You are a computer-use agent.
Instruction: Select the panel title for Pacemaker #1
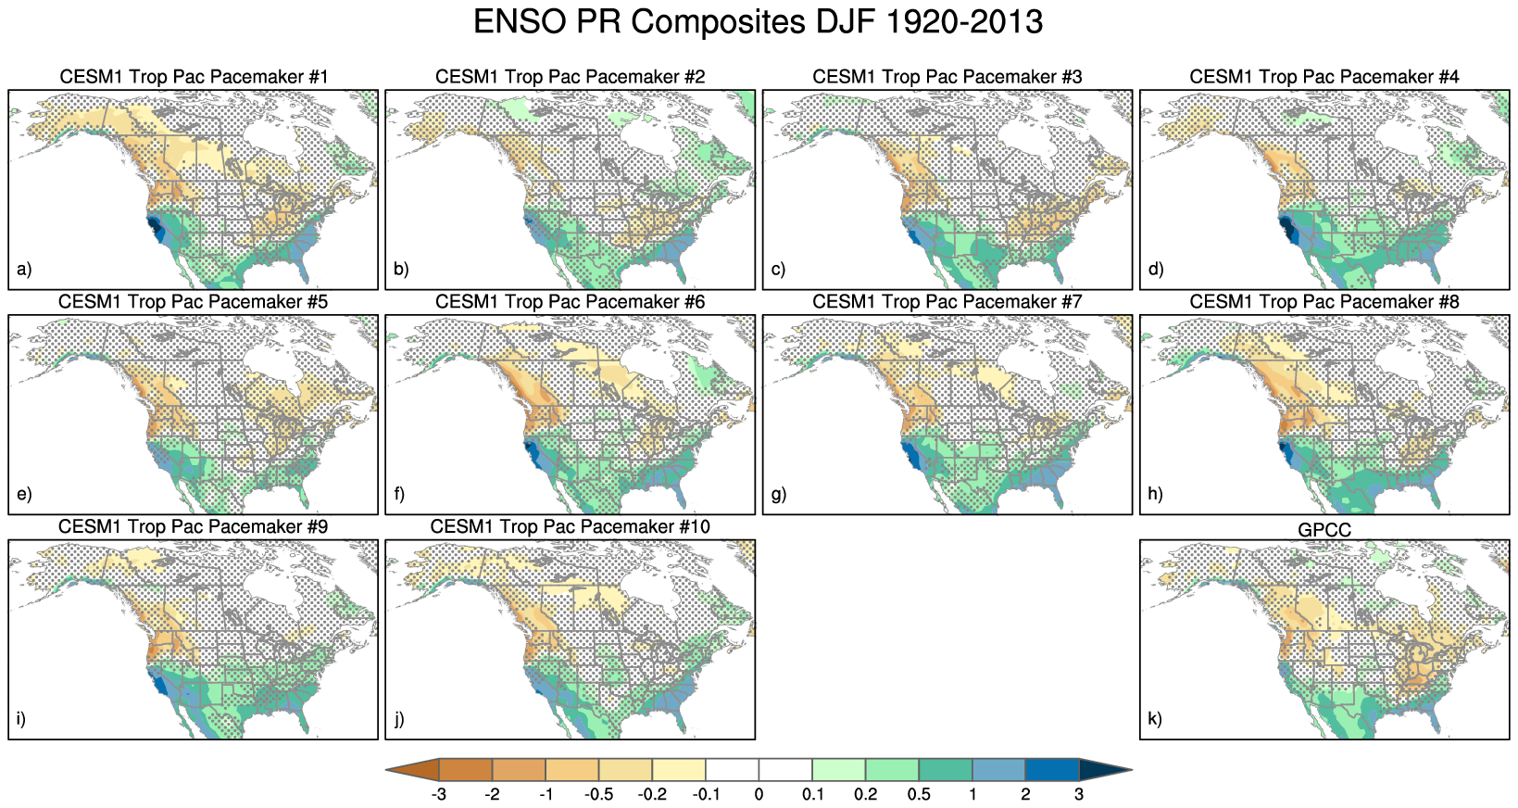[x=194, y=77]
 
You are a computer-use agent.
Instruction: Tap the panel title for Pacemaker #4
[x=1324, y=77]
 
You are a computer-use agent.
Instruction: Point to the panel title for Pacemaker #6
[x=570, y=302]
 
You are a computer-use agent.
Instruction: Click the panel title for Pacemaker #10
[x=570, y=527]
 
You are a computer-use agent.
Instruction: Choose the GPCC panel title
[x=1324, y=530]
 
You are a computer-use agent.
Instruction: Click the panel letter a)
[x=24, y=270]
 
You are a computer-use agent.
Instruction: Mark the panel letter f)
[x=399, y=494]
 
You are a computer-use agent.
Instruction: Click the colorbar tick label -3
[x=439, y=795]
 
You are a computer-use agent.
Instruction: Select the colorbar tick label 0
[x=759, y=795]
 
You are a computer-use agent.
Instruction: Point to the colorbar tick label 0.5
[x=919, y=795]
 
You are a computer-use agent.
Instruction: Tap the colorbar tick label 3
[x=1079, y=795]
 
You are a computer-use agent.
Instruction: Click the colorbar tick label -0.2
[x=652, y=795]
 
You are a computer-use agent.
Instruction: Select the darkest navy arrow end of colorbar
[x=1102, y=770]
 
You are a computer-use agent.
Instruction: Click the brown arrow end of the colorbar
[x=415, y=770]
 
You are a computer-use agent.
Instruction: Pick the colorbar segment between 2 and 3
[x=1052, y=770]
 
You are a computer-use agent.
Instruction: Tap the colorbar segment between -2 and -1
[x=519, y=770]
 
